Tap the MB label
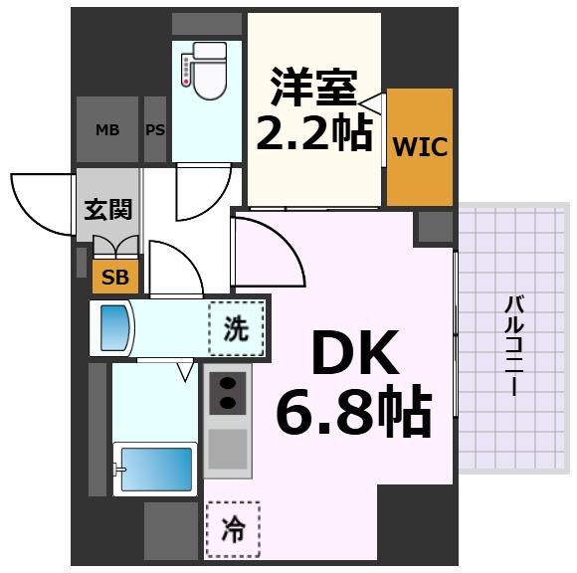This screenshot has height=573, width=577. (x=107, y=129)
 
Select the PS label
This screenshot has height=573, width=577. (x=155, y=129)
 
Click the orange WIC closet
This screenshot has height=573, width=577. (x=420, y=147)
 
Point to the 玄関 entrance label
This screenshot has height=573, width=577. (x=108, y=209)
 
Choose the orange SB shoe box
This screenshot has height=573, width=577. (x=114, y=278)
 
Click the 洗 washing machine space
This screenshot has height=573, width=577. (x=237, y=328)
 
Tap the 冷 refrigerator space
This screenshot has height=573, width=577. (x=232, y=530)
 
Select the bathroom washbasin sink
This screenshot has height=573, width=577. (x=116, y=327)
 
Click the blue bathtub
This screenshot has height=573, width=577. (x=155, y=469)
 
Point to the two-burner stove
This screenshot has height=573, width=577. (x=229, y=392)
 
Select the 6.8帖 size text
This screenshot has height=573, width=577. (x=352, y=412)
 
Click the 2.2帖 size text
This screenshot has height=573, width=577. (x=313, y=132)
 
